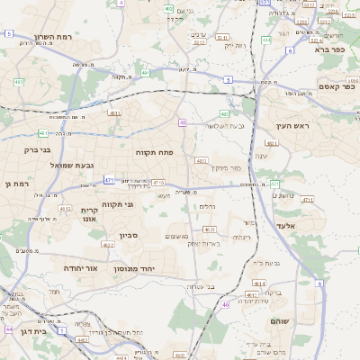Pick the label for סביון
click(x=128, y=235)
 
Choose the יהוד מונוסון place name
click(x=135, y=269)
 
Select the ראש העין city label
click(x=293, y=126)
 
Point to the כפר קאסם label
click(x=337, y=86)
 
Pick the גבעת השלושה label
click(x=240, y=125)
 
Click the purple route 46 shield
click(x=225, y=305)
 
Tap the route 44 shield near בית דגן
click(x=8, y=330)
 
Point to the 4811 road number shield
click(x=114, y=113)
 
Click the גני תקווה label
click(x=117, y=205)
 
